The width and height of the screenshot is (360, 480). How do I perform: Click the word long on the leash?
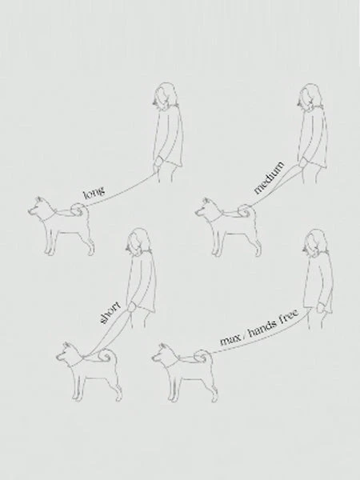(x=94, y=192)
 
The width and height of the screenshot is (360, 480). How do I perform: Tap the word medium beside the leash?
(x=270, y=178)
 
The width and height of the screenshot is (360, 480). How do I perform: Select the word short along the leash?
(x=110, y=313)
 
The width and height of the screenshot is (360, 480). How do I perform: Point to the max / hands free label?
(x=259, y=328)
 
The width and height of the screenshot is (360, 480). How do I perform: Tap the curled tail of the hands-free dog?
(x=202, y=356)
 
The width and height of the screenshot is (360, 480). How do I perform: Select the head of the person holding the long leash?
(x=166, y=95)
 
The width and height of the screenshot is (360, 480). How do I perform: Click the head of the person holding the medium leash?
(x=310, y=97)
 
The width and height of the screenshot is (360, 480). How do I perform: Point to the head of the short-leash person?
(x=138, y=242)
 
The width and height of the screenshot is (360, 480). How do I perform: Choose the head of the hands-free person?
(x=315, y=242)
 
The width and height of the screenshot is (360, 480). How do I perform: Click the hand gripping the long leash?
(x=158, y=162)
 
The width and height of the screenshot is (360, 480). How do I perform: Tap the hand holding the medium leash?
(x=303, y=163)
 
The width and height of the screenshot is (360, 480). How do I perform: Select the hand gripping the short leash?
(x=132, y=308)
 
